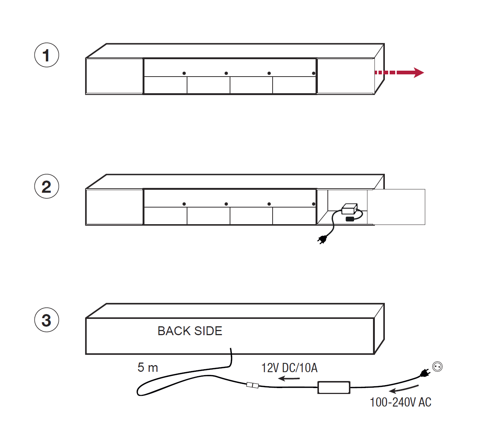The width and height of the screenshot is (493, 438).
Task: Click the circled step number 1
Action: (x=46, y=55)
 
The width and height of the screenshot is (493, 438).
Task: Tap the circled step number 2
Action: (x=46, y=186)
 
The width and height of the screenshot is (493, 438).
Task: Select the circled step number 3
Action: (x=46, y=320)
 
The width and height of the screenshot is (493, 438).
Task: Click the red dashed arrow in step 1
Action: (x=399, y=73)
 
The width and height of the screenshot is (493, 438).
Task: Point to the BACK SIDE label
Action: (x=190, y=331)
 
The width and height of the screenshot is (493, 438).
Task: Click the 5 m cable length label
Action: (x=148, y=367)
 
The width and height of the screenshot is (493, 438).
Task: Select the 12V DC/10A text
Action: (x=289, y=368)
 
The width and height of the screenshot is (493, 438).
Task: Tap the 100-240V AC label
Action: (x=400, y=402)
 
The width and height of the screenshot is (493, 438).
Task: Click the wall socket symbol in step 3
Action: (x=437, y=367)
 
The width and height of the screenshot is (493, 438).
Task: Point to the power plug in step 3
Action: (x=425, y=373)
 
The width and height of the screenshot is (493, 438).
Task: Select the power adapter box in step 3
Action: (x=334, y=387)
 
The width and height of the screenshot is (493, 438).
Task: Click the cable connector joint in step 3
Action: (x=252, y=385)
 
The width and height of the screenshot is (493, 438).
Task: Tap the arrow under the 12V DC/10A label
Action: (x=289, y=378)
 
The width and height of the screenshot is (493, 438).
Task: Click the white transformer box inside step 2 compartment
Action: (x=349, y=209)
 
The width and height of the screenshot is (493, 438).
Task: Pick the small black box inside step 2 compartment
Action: (x=350, y=219)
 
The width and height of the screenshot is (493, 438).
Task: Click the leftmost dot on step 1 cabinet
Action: (x=184, y=73)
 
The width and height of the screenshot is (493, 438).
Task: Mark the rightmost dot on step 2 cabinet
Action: (x=313, y=204)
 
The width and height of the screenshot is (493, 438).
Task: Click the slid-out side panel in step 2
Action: (x=396, y=207)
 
